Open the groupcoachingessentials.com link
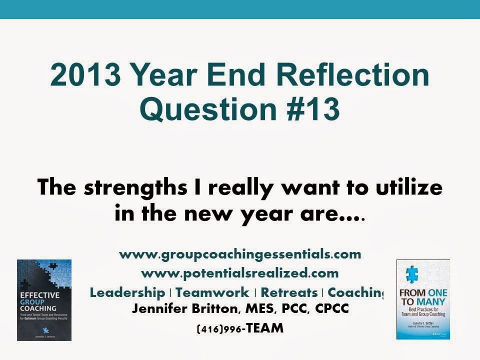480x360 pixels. (x=240, y=254)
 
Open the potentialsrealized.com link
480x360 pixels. (x=240, y=273)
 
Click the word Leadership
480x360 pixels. (x=127, y=292)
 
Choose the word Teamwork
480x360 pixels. (x=212, y=292)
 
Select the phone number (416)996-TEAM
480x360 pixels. (x=240, y=328)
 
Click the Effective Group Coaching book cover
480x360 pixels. (x=44, y=300)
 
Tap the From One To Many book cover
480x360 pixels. (x=423, y=299)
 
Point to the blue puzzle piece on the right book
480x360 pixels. (x=412, y=274)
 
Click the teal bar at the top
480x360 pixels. (x=240, y=9)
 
